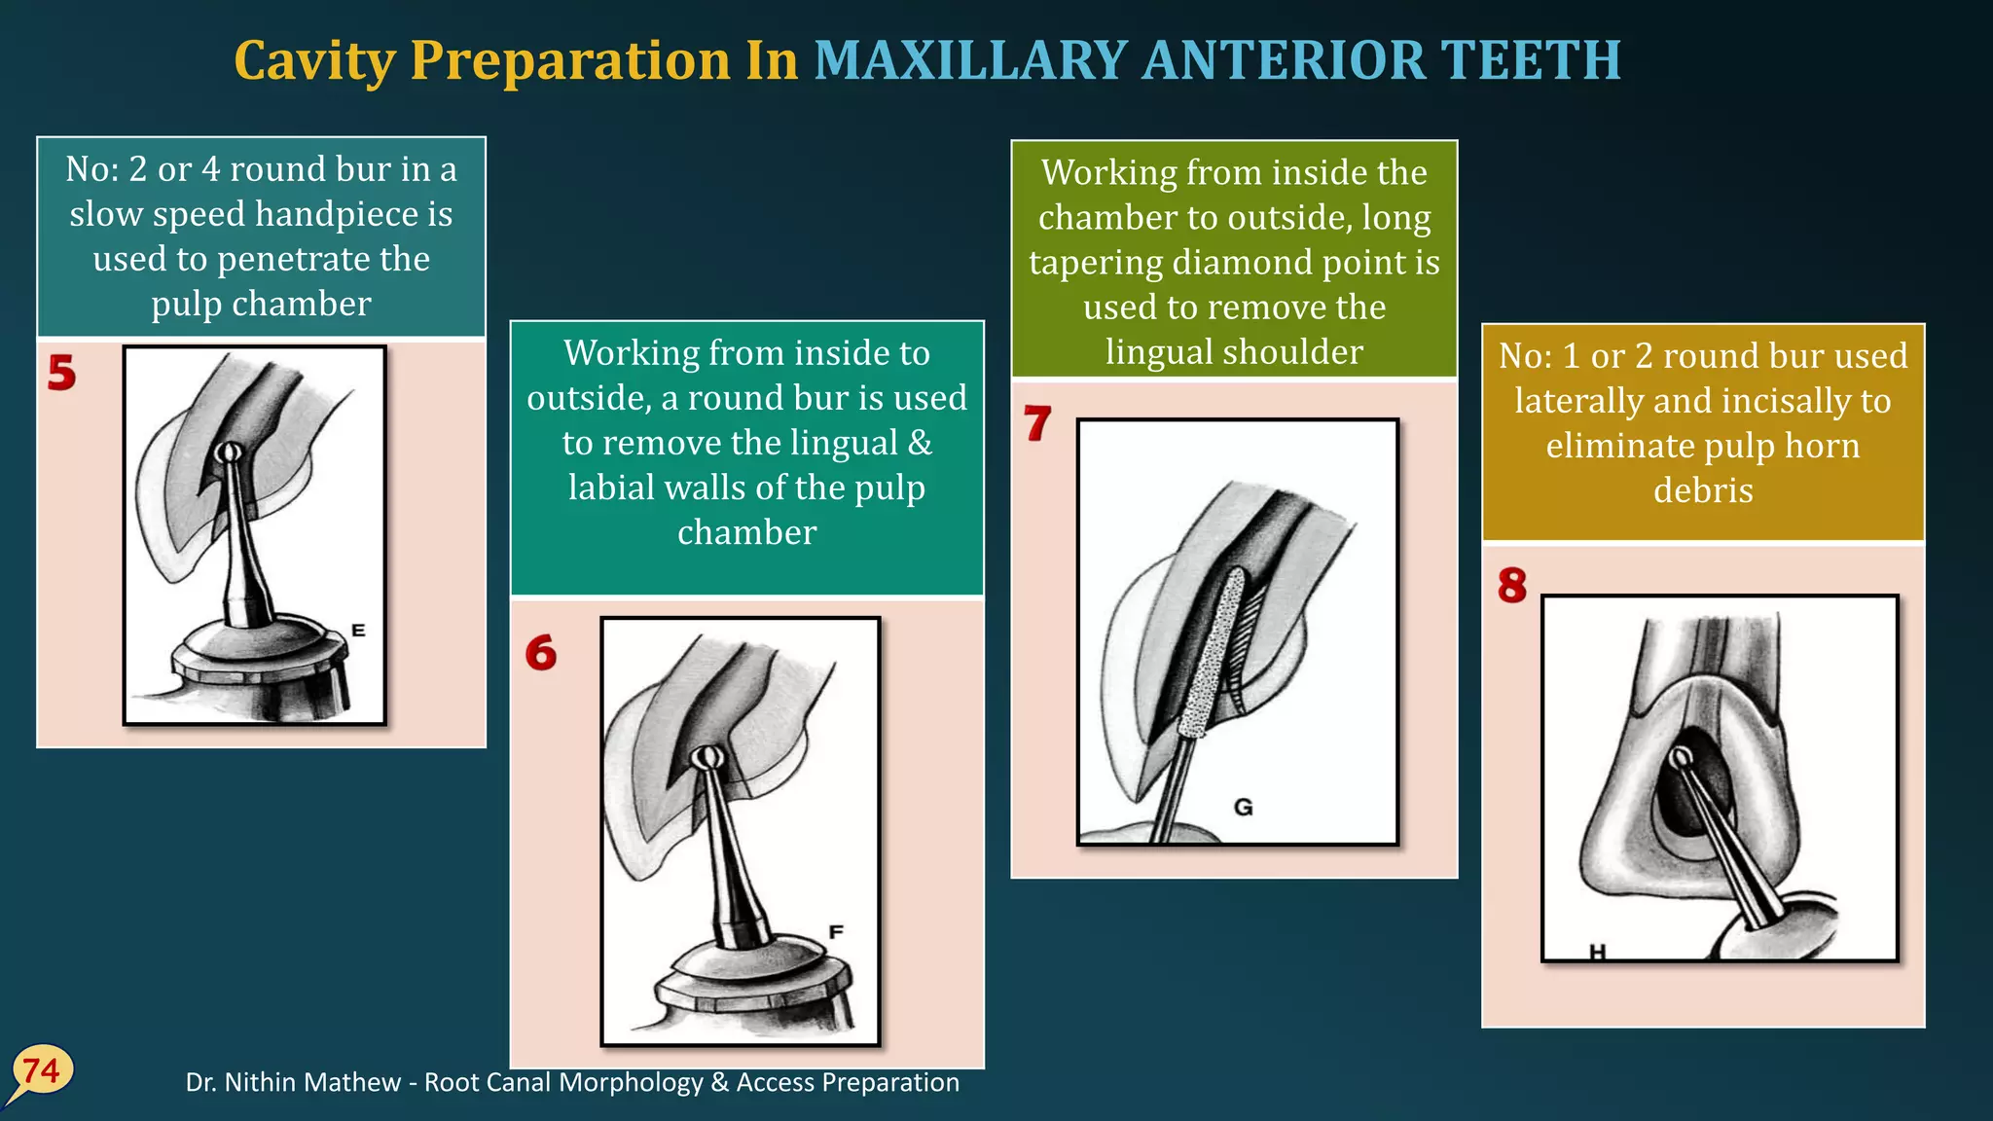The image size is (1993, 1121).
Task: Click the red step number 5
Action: [61, 373]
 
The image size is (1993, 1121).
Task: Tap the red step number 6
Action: [541, 653]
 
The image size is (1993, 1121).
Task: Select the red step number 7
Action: [1037, 423]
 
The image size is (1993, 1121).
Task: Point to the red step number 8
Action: [1512, 586]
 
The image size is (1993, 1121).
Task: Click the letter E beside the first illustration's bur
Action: [358, 631]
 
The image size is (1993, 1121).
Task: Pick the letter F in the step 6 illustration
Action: [835, 932]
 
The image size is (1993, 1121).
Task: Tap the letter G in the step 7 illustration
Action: [1243, 807]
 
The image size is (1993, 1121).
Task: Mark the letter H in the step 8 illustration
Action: [1597, 952]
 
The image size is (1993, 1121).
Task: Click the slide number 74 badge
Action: [42, 1071]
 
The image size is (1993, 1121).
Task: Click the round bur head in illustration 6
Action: [706, 757]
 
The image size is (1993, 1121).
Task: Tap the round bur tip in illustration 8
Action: [1681, 757]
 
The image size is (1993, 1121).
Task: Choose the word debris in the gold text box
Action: [1703, 489]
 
